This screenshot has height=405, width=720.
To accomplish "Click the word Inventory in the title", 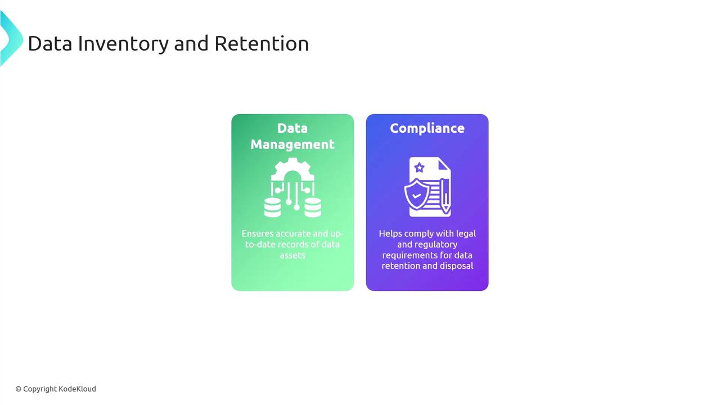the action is [123, 44].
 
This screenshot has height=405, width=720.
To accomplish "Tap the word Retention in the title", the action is [262, 44].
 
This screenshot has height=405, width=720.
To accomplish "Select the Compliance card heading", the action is [427, 128].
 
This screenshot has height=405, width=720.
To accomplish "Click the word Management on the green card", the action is [292, 145].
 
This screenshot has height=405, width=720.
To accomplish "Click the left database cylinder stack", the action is [273, 208].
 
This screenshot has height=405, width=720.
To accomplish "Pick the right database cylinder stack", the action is [313, 208].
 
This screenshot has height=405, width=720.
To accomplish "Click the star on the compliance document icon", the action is [419, 168].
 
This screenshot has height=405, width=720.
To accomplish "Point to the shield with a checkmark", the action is [416, 195].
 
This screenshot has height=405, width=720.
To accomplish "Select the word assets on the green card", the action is [292, 255].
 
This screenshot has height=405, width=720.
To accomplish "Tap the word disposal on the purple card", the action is [457, 266].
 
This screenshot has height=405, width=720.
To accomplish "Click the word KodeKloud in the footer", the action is [78, 389].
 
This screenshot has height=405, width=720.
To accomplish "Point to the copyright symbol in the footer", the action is [19, 389].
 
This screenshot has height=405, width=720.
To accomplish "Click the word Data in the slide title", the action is [50, 44].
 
